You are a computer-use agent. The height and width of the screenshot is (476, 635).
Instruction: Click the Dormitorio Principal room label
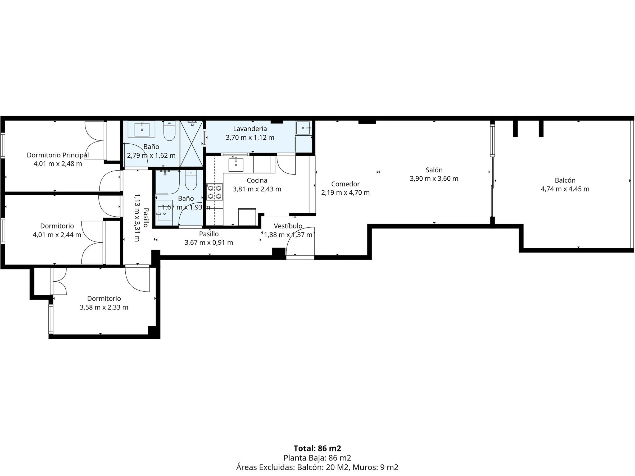[58, 155]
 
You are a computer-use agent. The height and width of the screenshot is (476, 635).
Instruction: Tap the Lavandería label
[250, 129]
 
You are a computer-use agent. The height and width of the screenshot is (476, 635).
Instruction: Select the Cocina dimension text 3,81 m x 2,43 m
[257, 189]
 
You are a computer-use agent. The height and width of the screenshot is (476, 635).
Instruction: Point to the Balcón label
[565, 180]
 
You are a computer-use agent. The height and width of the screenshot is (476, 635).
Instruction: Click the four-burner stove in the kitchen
[214, 192]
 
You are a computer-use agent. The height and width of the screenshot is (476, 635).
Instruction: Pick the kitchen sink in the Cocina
[236, 165]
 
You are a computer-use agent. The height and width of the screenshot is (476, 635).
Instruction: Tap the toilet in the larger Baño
[169, 131]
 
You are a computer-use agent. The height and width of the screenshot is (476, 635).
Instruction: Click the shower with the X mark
[191, 143]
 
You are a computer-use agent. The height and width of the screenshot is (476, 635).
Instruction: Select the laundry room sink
[303, 128]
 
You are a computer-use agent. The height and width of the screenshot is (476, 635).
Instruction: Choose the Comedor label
[345, 184]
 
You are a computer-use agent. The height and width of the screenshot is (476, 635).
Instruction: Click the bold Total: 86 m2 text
[317, 448]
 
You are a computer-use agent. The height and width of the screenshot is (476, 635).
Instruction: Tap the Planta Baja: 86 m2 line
[317, 458]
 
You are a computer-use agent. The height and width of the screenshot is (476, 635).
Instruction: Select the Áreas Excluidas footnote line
[317, 467]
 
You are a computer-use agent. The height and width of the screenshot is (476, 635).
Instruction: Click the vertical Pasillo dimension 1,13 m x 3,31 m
[137, 218]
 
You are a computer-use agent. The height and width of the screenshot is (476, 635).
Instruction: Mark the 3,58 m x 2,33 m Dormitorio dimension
[104, 307]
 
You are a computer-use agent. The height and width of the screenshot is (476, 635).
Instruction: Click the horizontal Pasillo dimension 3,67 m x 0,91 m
[209, 243]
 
